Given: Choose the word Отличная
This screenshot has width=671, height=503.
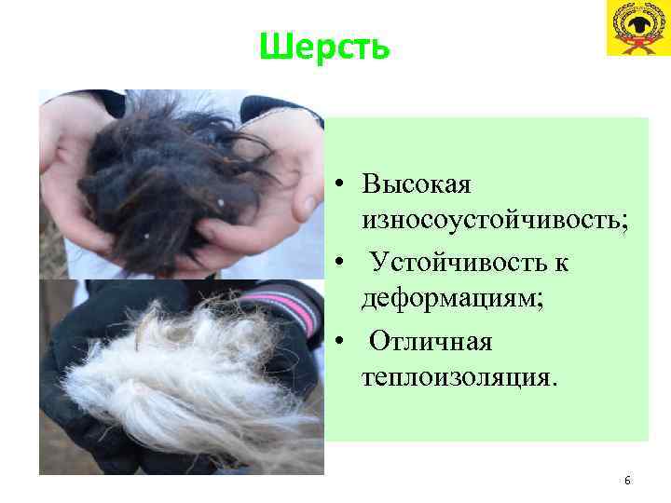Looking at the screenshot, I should [431, 342].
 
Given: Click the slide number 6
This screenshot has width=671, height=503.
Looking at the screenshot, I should [627, 481].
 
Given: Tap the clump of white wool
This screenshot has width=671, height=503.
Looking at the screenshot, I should [177, 373].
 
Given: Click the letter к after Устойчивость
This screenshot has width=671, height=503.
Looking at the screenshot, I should [560, 264].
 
